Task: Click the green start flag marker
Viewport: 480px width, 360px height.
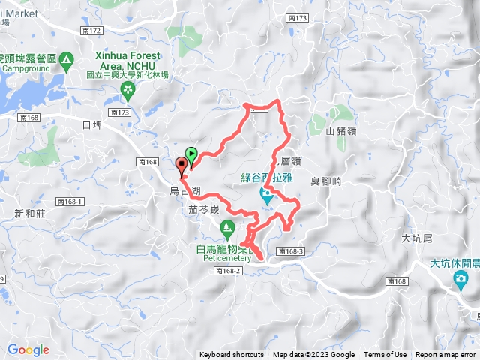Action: tap(191, 156)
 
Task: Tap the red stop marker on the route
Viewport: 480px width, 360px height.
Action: tap(181, 166)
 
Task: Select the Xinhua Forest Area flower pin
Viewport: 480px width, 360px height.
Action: tap(127, 91)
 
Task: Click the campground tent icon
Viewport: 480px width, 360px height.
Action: tap(66, 58)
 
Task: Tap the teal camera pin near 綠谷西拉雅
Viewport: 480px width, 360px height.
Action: tap(266, 196)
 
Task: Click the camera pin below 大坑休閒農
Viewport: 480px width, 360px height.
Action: tap(459, 280)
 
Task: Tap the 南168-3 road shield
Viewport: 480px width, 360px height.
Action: tap(289, 251)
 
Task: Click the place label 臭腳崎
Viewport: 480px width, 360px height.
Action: tap(325, 181)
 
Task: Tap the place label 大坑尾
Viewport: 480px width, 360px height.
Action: tap(417, 238)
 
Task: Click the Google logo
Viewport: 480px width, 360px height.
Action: tap(28, 349)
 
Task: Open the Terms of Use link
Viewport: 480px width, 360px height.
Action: tap(385, 355)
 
